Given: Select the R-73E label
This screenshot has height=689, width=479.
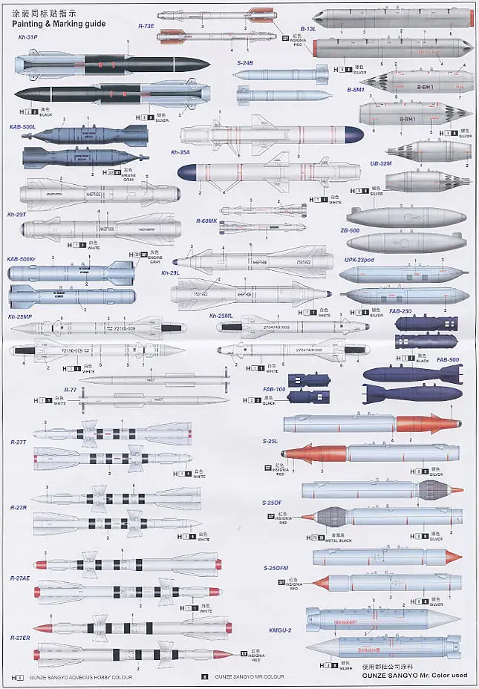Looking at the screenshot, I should [x=147, y=25].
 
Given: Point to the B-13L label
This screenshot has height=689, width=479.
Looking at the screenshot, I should [x=307, y=28].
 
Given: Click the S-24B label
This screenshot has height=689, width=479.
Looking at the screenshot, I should [x=245, y=63].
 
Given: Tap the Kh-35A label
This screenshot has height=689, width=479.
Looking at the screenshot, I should [x=180, y=151].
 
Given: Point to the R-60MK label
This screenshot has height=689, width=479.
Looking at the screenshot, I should [x=206, y=221].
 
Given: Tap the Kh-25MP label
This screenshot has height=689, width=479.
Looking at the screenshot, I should [x=21, y=316].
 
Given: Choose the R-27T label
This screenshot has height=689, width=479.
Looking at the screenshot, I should [x=19, y=442].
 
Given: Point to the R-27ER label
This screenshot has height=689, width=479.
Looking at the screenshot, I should [x=20, y=638].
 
